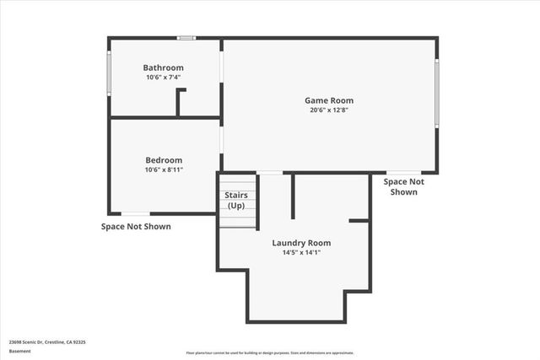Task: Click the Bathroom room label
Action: [x=163, y=67]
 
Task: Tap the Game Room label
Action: [x=328, y=100]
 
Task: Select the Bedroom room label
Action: [x=163, y=160]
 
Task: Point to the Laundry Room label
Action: [x=295, y=243]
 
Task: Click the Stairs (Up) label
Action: [x=236, y=201]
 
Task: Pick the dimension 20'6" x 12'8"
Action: [x=328, y=110]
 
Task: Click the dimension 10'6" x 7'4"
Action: [x=163, y=77]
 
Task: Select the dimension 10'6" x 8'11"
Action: [x=163, y=169]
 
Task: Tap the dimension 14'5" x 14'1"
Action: [x=295, y=252]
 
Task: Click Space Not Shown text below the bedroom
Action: [x=136, y=227]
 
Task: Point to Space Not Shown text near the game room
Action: [x=404, y=186]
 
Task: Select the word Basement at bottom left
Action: [x=19, y=351]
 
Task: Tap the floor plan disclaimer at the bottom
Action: [x=270, y=352]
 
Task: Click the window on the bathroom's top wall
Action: [x=186, y=37]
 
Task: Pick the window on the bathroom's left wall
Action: [x=109, y=73]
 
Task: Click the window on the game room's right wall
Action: [x=436, y=93]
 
